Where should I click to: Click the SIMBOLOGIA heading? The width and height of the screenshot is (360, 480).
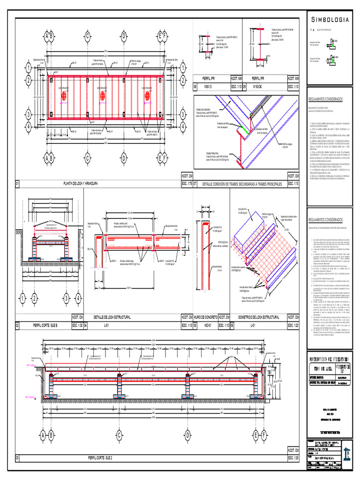coord(330,20)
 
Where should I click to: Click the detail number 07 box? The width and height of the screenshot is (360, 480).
coord(195,184)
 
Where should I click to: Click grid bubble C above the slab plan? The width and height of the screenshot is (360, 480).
coord(87,36)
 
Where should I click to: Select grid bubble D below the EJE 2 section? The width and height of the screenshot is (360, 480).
coord(187,436)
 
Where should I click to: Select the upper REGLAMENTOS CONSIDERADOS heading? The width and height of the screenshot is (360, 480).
coord(326,99)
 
